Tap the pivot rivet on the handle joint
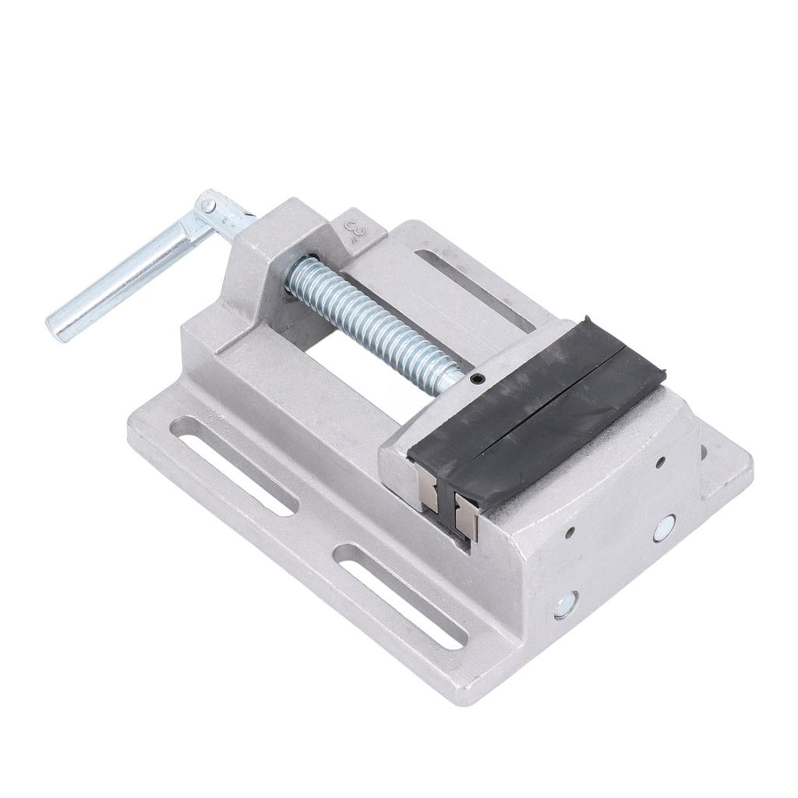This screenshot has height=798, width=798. click(208, 206)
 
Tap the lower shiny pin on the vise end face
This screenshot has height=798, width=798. click(566, 605)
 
